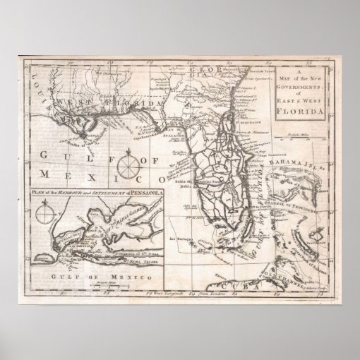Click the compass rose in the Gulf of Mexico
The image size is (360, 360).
pos(127,169)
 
